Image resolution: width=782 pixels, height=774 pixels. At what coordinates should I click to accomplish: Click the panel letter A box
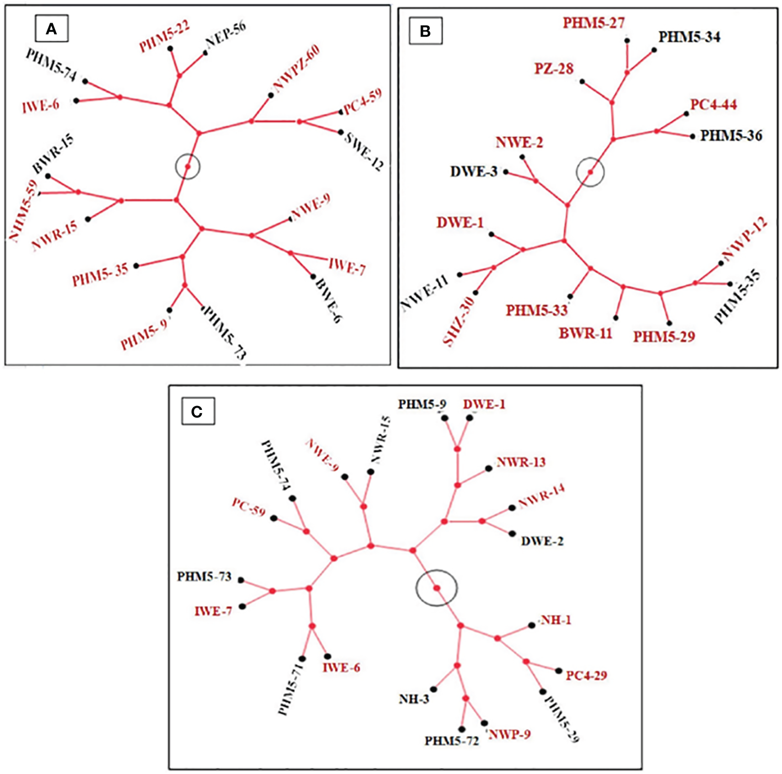[51, 29]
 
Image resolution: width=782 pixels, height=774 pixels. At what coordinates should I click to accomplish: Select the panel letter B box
[425, 31]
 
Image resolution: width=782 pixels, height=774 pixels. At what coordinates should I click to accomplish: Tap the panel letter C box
[197, 412]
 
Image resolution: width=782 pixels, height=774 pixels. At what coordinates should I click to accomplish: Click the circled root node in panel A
[188, 166]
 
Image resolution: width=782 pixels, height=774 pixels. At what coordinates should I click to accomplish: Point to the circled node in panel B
[590, 173]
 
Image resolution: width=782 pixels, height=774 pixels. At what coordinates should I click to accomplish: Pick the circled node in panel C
[437, 588]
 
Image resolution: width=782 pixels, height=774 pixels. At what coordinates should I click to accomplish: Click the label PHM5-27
[593, 23]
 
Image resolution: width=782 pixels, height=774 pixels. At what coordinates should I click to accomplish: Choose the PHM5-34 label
[689, 37]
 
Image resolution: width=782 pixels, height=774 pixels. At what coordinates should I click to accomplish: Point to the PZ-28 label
[554, 69]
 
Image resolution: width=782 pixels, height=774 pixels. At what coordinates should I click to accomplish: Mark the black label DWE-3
[474, 172]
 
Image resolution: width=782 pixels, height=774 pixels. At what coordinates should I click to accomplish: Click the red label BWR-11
[586, 333]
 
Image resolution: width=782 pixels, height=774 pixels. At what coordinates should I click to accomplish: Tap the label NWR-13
[521, 462]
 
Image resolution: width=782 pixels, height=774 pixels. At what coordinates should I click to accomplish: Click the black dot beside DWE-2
[512, 533]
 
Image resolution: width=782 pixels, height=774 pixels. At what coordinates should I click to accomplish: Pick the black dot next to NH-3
[434, 689]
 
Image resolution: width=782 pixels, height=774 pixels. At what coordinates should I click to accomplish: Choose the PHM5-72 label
[451, 741]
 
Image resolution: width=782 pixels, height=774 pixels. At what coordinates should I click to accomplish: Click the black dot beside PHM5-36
[693, 136]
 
